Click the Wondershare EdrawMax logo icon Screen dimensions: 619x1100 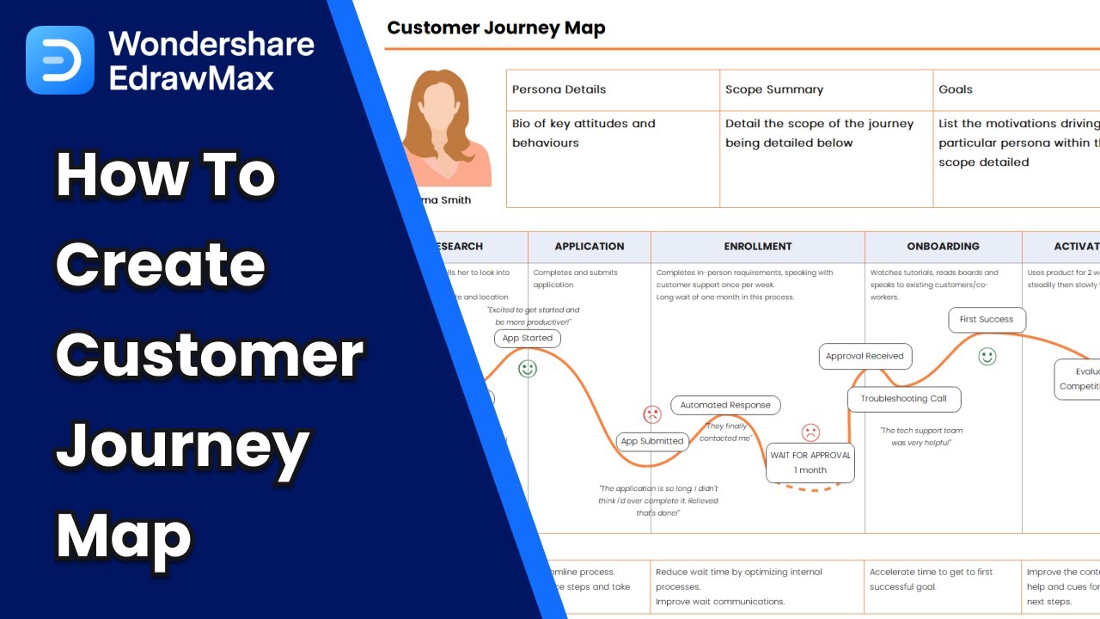tap(59, 59)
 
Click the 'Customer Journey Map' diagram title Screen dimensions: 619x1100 tap(496, 28)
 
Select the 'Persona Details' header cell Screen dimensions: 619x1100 tap(559, 89)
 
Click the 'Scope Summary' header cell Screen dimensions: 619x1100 tap(773, 89)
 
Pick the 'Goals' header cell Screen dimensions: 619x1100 tap(956, 89)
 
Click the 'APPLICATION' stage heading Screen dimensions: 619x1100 tap(589, 246)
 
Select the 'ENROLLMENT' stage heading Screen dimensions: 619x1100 tap(757, 246)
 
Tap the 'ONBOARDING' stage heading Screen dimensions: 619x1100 tap(943, 246)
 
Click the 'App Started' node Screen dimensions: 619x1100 tap(528, 339)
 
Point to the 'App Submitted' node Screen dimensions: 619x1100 tap(651, 441)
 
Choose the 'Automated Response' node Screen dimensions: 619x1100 tap(725, 405)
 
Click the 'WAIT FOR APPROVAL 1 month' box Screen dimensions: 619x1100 tap(810, 463)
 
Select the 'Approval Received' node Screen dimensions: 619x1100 tap(865, 356)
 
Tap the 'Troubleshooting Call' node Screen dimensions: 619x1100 tap(903, 399)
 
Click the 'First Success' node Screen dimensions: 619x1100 tap(986, 319)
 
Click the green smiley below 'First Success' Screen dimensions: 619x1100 tap(987, 356)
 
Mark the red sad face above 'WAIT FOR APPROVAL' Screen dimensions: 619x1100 tap(810, 432)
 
